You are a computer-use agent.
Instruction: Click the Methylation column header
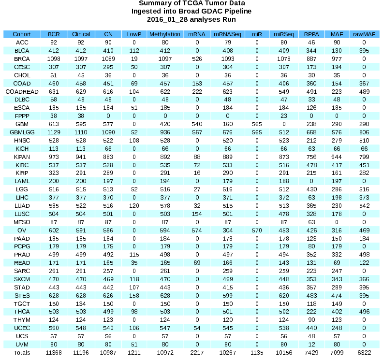pos(165,34)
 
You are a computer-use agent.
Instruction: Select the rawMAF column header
pos(364,34)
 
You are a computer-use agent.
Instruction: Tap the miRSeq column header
pos(283,34)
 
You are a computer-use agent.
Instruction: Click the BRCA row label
pos(22,58)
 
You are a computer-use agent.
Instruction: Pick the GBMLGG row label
pos(22,132)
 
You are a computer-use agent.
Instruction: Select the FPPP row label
pos(22,116)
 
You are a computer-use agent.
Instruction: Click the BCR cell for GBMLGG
pos(53,132)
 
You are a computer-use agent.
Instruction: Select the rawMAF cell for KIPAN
pos(364,157)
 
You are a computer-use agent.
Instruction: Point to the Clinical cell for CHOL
pos(81,75)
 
